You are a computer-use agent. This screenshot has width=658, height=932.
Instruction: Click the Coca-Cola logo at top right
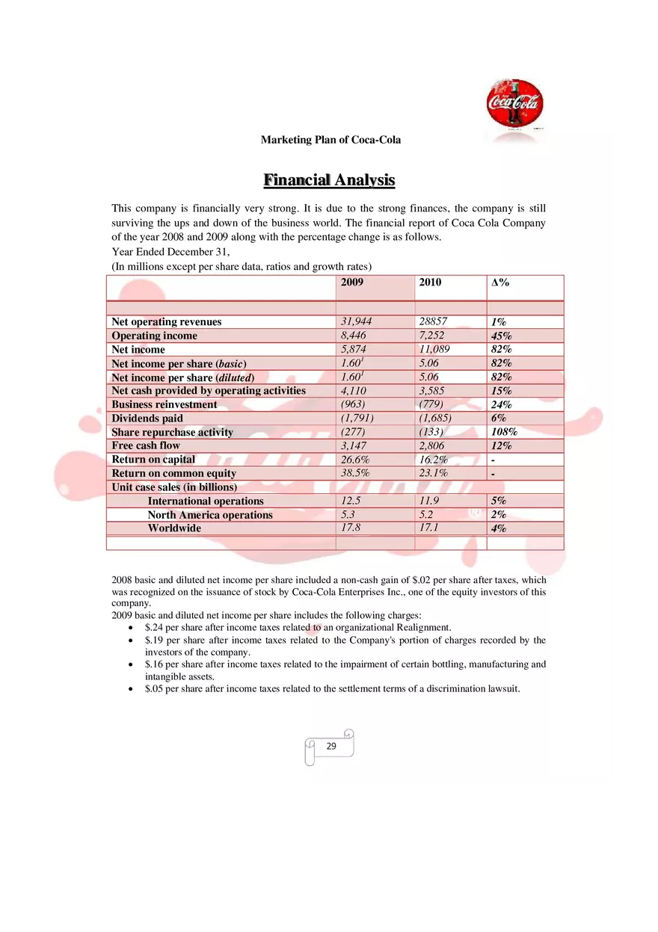point(515,107)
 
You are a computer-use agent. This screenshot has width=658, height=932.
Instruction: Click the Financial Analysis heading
point(329,180)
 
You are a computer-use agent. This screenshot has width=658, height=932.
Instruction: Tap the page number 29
point(331,746)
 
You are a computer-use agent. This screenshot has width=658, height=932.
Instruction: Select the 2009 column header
point(352,283)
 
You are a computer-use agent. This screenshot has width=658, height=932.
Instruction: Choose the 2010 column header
point(430,283)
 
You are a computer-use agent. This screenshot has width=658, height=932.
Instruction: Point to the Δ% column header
point(499,283)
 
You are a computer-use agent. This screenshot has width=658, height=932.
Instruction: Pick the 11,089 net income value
point(434,349)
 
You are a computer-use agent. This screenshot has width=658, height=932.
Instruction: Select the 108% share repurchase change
point(504,432)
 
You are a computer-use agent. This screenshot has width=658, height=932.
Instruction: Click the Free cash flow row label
point(146,445)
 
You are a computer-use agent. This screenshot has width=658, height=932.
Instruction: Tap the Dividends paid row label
point(147,419)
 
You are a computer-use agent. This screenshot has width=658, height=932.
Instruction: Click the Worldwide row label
point(174,528)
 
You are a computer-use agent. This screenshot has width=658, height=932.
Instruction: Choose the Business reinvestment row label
point(164,404)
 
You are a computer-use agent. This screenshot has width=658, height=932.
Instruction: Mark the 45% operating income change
point(501,336)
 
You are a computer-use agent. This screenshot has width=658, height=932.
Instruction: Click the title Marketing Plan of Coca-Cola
point(330,140)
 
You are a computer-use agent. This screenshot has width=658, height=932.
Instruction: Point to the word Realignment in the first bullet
point(424,627)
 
